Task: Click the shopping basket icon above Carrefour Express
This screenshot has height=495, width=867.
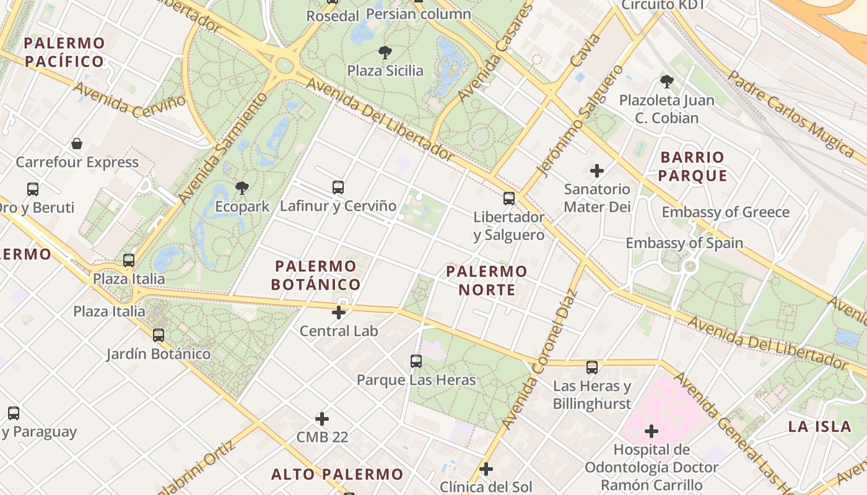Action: [77, 144]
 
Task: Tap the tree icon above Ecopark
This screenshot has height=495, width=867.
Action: [242, 188]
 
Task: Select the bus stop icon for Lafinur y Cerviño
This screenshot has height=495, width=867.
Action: [338, 187]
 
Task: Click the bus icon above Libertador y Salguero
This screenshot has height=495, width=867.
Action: [508, 199]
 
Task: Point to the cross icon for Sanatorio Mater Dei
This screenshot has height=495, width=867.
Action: [597, 170]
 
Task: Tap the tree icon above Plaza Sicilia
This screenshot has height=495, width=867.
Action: [385, 52]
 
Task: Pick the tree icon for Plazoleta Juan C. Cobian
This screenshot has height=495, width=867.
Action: [667, 81]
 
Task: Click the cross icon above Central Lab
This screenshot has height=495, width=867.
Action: [339, 312]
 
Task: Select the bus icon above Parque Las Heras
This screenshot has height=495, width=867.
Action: [416, 361]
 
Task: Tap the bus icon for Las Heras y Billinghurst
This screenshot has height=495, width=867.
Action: [592, 368]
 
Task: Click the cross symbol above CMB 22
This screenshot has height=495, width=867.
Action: [322, 419]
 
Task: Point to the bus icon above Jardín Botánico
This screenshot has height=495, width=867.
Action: [159, 335]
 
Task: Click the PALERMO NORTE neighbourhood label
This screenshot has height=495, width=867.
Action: [487, 280]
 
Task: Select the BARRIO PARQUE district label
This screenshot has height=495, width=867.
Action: [692, 166]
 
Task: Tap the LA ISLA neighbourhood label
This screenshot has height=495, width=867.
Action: [819, 426]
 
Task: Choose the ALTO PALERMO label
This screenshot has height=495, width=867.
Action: [338, 475]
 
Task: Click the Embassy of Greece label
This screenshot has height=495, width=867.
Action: [726, 212]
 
